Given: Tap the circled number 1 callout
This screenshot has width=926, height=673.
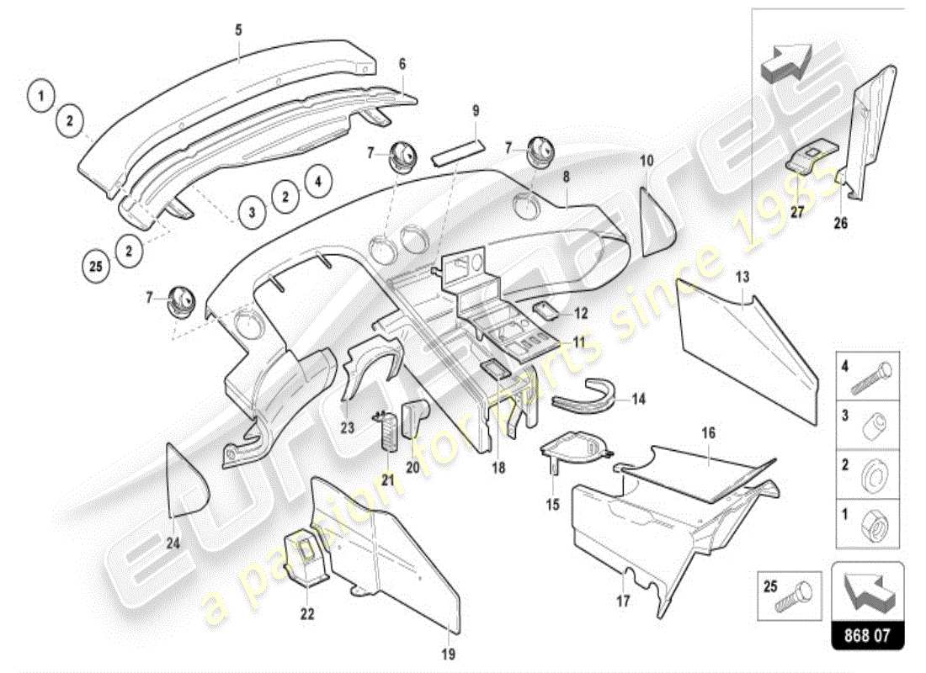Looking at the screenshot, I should [x=40, y=95].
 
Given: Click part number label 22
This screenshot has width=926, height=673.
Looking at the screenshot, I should [x=307, y=614].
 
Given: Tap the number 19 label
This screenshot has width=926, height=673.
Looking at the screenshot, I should [x=448, y=654].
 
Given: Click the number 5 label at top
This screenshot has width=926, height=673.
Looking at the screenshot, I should [x=238, y=30].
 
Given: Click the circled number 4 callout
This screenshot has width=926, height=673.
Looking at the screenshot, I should [x=318, y=179].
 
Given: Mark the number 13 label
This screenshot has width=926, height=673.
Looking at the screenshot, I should [x=742, y=275].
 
